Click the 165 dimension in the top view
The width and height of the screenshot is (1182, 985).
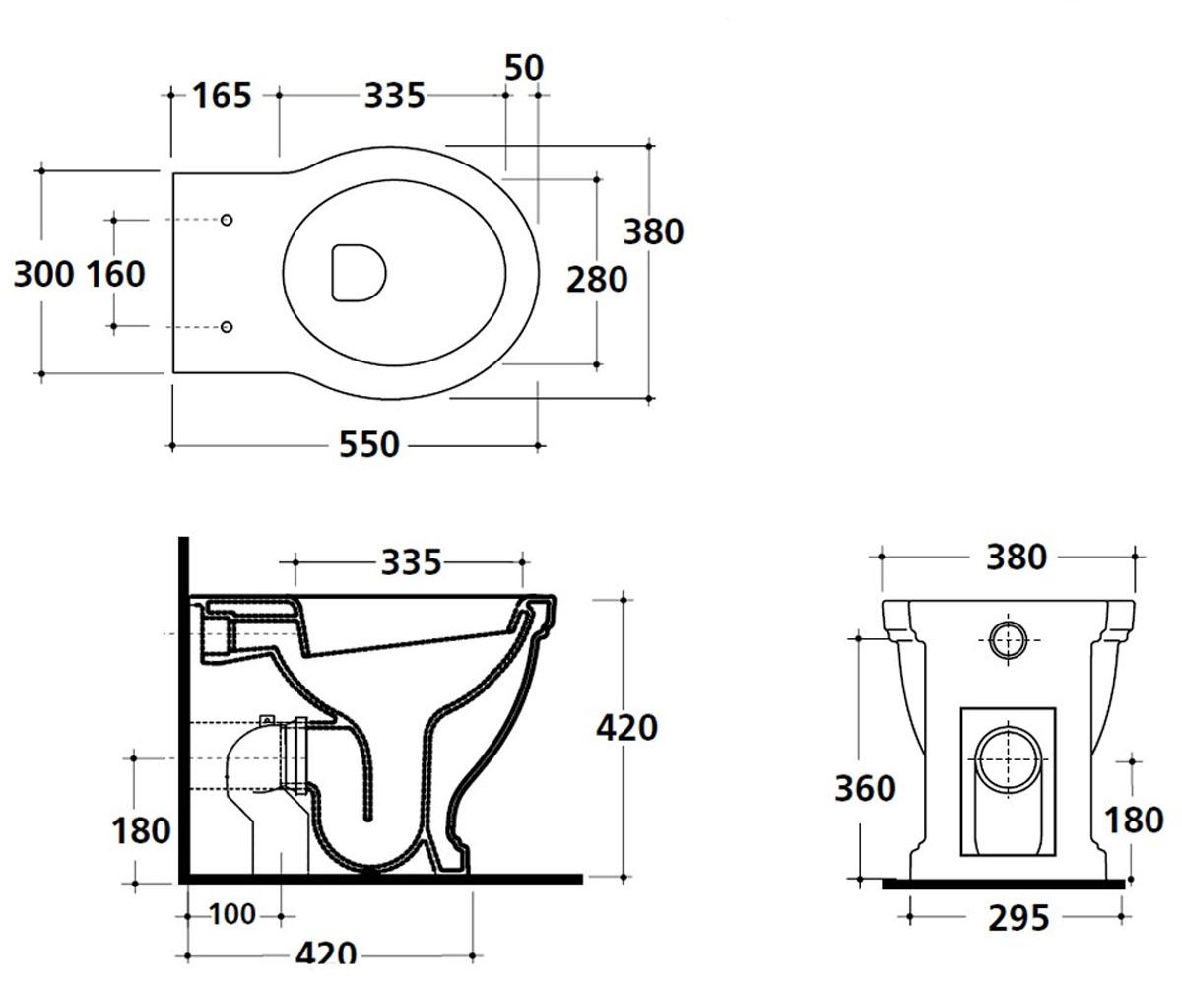[x=222, y=96]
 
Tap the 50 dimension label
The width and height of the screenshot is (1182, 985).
[x=524, y=68]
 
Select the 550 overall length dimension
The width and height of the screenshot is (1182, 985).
[x=369, y=445]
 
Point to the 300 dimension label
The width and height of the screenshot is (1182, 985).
[x=43, y=274]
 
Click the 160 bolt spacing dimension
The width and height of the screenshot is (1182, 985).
[x=116, y=274]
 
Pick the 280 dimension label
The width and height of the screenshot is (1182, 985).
[x=597, y=280]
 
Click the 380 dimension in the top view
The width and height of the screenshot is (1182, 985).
[x=653, y=232]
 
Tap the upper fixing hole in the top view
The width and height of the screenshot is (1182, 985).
[x=227, y=220]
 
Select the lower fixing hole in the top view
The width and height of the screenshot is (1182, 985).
[x=227, y=327]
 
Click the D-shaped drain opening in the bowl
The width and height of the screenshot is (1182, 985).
[x=359, y=273]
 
